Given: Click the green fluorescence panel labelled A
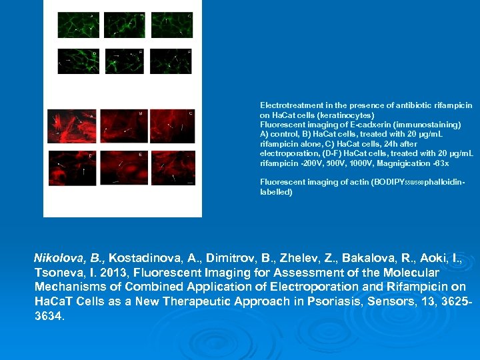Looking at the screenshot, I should coord(78,25).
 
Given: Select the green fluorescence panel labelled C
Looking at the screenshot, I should coord(172,25).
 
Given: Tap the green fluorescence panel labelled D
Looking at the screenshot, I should coord(78,61).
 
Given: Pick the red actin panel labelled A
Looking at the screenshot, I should coord(71,126).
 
